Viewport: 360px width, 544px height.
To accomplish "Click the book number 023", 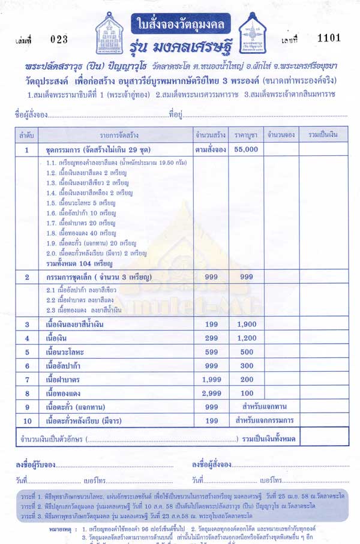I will tap(59, 40).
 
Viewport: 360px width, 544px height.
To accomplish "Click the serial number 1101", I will tap(329, 38).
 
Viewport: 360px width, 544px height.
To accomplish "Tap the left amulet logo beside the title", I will tap(113, 34).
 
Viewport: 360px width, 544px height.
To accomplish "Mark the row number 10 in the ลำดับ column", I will tap(26, 420).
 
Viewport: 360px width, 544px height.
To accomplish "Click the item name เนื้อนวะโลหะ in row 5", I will tap(68, 352).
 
